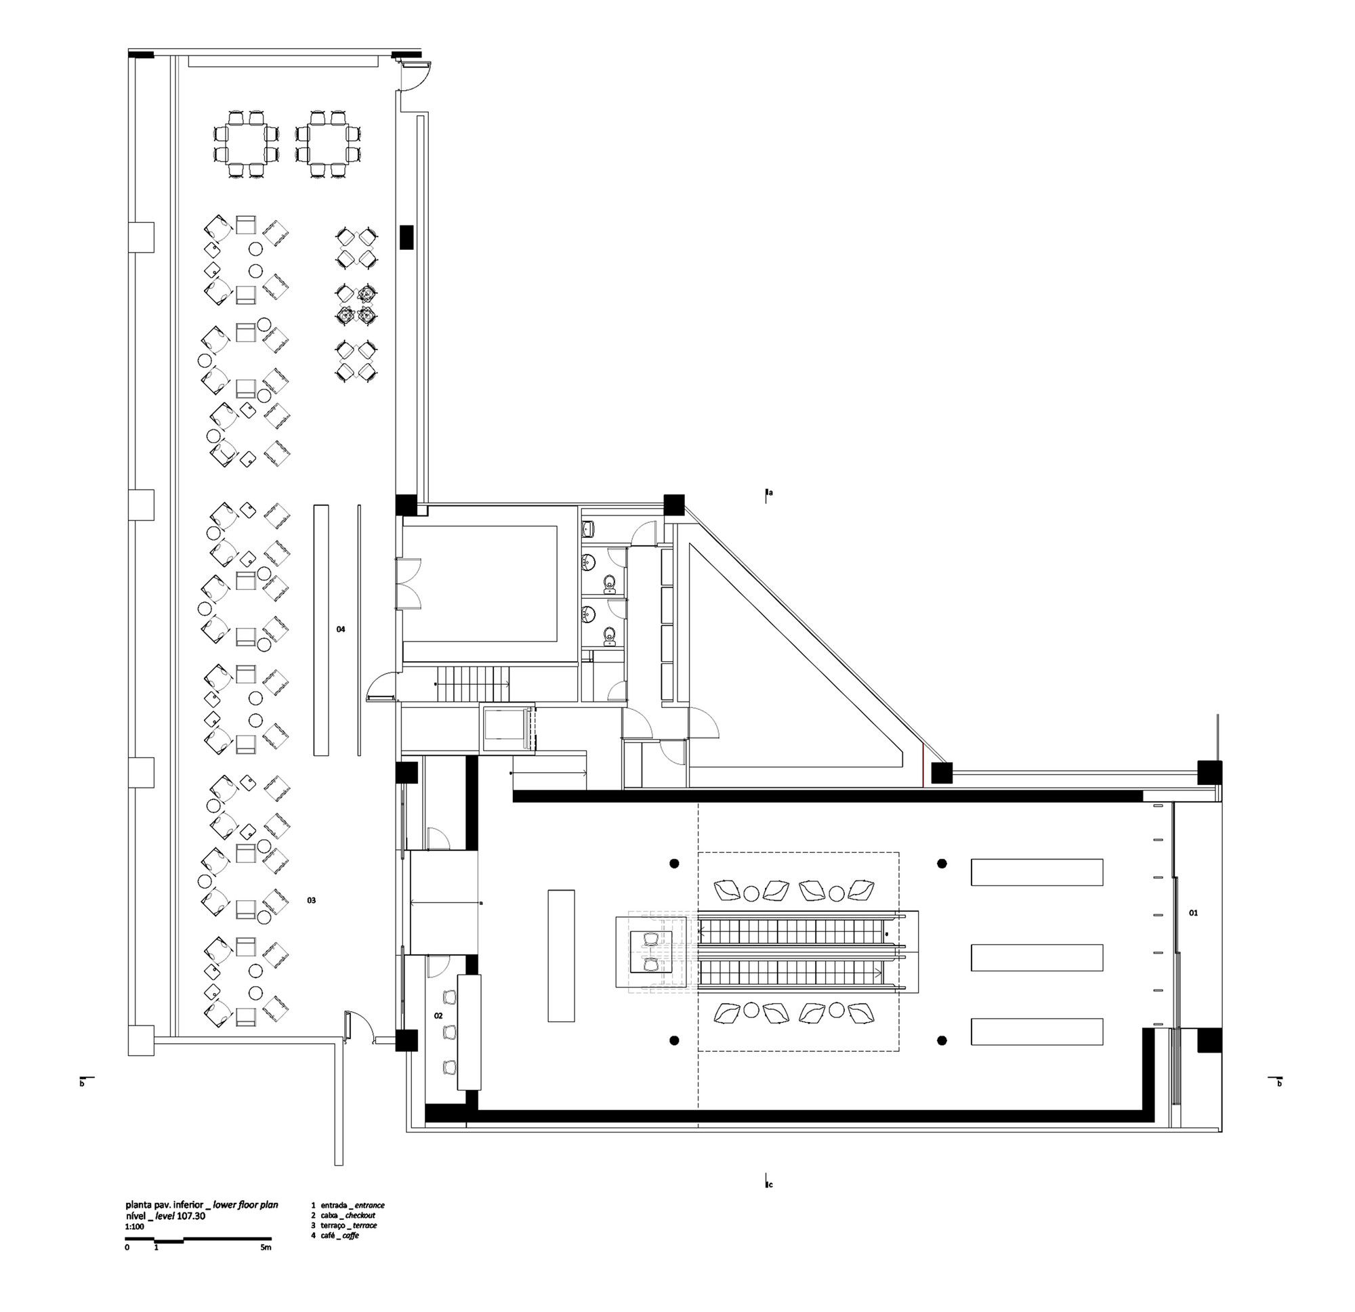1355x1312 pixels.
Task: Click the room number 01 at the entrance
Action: click(x=1193, y=913)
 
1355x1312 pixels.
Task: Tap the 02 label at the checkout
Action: click(x=438, y=1015)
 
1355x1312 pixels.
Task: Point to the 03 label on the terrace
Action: click(x=312, y=900)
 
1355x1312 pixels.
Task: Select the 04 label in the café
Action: click(x=341, y=629)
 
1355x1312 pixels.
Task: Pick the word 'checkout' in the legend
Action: click(x=360, y=1215)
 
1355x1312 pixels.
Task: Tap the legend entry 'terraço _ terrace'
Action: click(x=344, y=1225)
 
